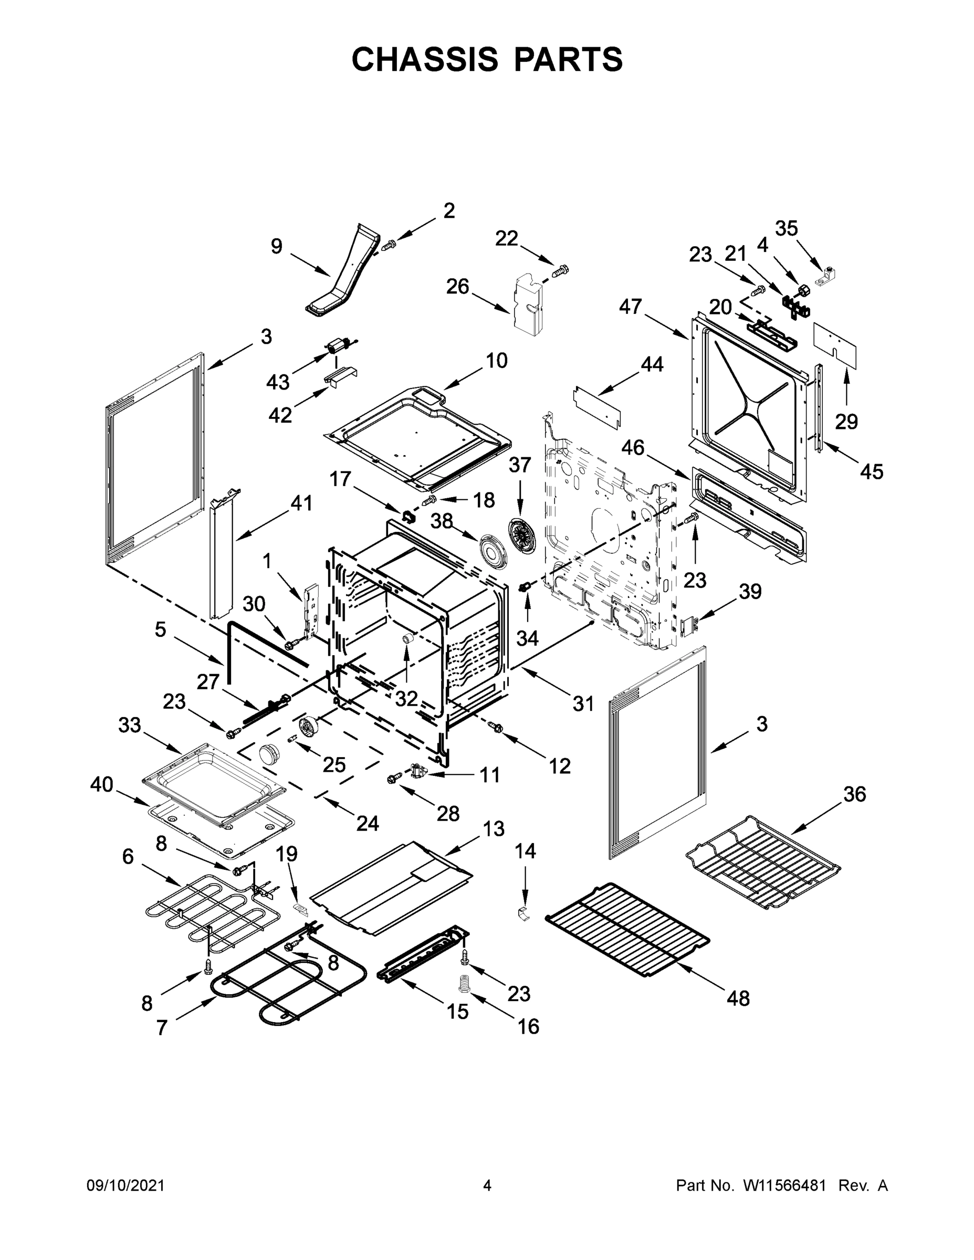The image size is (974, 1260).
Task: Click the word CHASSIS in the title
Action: pos(425,59)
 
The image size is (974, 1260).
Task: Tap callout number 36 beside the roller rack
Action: pos(855,794)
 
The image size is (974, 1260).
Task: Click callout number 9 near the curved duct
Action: pos(277,246)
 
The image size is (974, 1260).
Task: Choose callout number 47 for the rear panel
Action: pos(630,307)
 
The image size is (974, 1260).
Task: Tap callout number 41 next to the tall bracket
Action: pos(301,503)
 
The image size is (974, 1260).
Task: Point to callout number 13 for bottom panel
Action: pos(494,828)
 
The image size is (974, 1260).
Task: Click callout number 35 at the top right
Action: pos(786,228)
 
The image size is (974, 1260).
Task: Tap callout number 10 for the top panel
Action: pos(496,361)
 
